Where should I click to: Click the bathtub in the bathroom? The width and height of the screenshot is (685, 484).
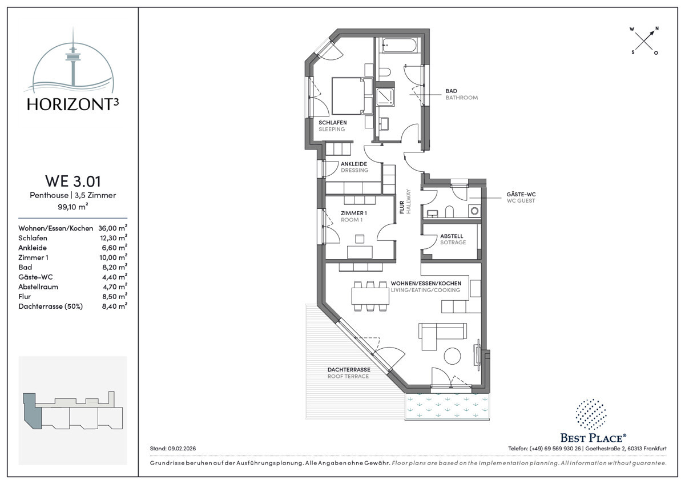(399, 46)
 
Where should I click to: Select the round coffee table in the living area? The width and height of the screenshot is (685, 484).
(452, 356)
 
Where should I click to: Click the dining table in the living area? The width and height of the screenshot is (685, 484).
(370, 296)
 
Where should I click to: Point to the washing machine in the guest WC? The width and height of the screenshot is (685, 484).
(474, 211)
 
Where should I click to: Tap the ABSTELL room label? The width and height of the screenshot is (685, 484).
(452, 236)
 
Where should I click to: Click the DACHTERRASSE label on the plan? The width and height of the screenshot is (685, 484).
(349, 369)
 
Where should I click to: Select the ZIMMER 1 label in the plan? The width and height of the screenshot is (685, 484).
(354, 213)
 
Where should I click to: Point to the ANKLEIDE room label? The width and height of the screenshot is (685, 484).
(354, 164)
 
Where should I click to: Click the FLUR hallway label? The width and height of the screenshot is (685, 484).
(402, 207)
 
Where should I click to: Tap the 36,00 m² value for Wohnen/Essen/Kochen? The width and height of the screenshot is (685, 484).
(112, 228)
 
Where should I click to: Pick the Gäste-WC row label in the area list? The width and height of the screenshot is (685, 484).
(35, 277)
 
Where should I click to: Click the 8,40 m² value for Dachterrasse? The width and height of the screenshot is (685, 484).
(115, 306)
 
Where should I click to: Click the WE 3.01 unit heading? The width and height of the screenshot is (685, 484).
(73, 181)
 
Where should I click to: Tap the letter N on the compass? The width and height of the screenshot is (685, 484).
(657, 29)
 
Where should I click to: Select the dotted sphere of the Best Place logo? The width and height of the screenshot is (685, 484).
(591, 414)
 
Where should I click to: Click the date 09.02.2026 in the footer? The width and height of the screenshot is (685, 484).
(182, 449)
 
